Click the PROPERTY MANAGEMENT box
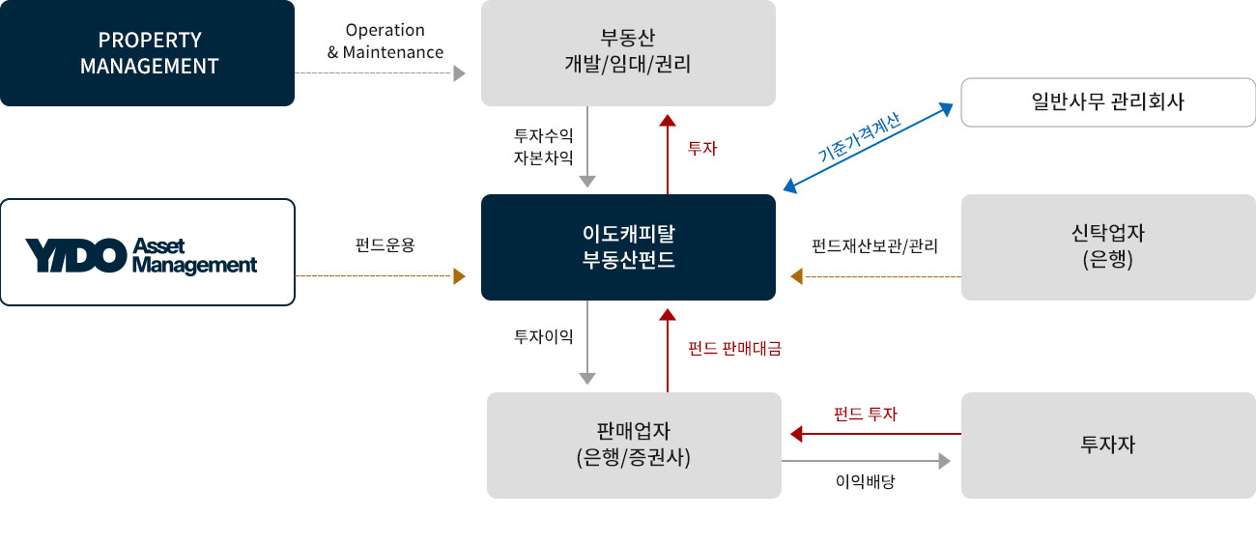click(147, 53)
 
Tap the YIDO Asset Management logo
click(147, 252)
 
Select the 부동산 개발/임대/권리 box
click(628, 53)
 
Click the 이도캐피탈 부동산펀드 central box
click(628, 247)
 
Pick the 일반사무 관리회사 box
click(1107, 102)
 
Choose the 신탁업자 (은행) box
click(1107, 247)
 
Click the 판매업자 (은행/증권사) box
click(634, 445)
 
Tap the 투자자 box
click(1107, 445)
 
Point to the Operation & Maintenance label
click(385, 42)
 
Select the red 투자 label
click(702, 150)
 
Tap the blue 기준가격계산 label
click(859, 137)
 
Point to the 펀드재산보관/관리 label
click(875, 245)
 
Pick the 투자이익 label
click(544, 336)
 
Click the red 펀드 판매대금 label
click(734, 349)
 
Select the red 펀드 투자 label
click(866, 414)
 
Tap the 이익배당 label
click(866, 480)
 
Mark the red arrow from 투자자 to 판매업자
click(874, 434)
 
